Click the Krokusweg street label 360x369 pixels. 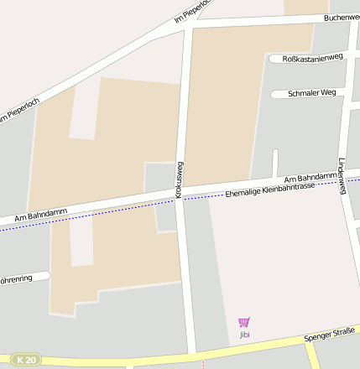179,179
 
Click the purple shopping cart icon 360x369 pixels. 244,322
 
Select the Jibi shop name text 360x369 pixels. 244,335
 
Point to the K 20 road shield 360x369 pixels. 27,359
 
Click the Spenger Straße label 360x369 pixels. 330,335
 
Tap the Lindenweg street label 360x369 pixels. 342,176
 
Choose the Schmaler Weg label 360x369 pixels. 311,93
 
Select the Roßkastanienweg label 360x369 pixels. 313,57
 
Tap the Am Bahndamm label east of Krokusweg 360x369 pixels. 309,177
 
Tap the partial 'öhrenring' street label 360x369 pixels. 15,278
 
